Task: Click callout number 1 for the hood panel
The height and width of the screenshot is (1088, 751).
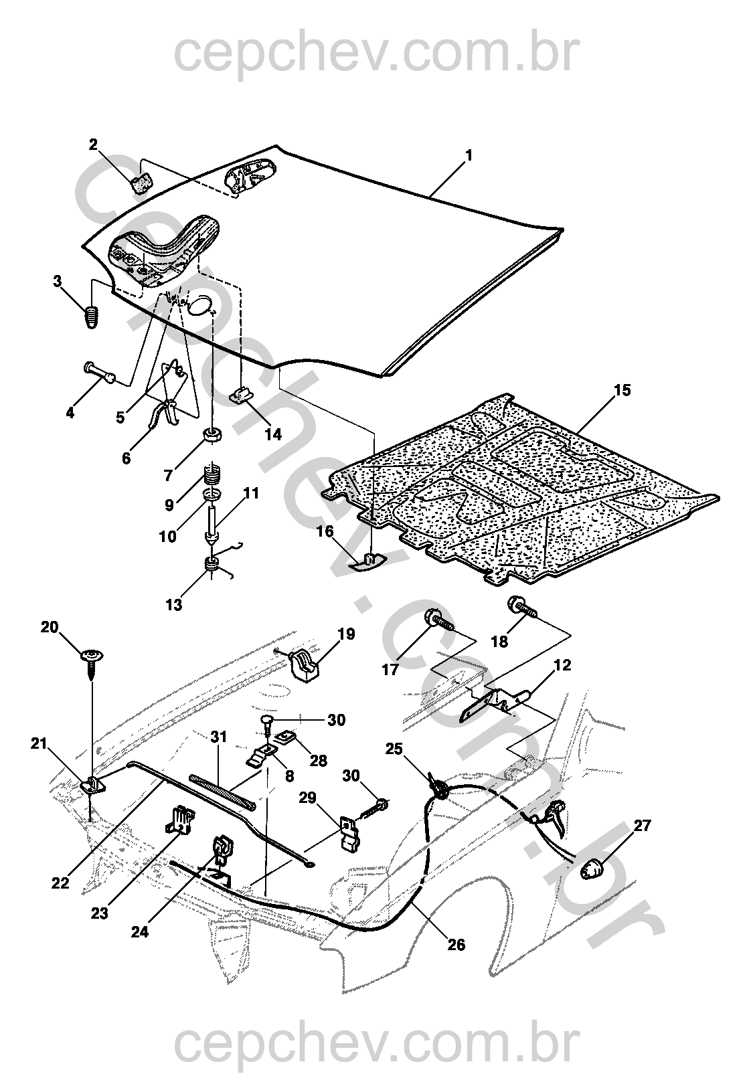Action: (x=469, y=155)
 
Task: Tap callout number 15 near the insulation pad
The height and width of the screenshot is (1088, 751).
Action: (x=622, y=390)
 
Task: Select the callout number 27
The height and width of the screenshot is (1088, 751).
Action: (x=642, y=826)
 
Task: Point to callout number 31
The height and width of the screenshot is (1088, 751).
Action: (x=219, y=737)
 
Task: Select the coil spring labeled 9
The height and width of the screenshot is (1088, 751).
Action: (x=212, y=476)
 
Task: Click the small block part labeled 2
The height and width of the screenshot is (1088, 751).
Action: (x=141, y=182)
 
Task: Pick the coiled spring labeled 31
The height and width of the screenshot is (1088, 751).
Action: (x=221, y=790)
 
